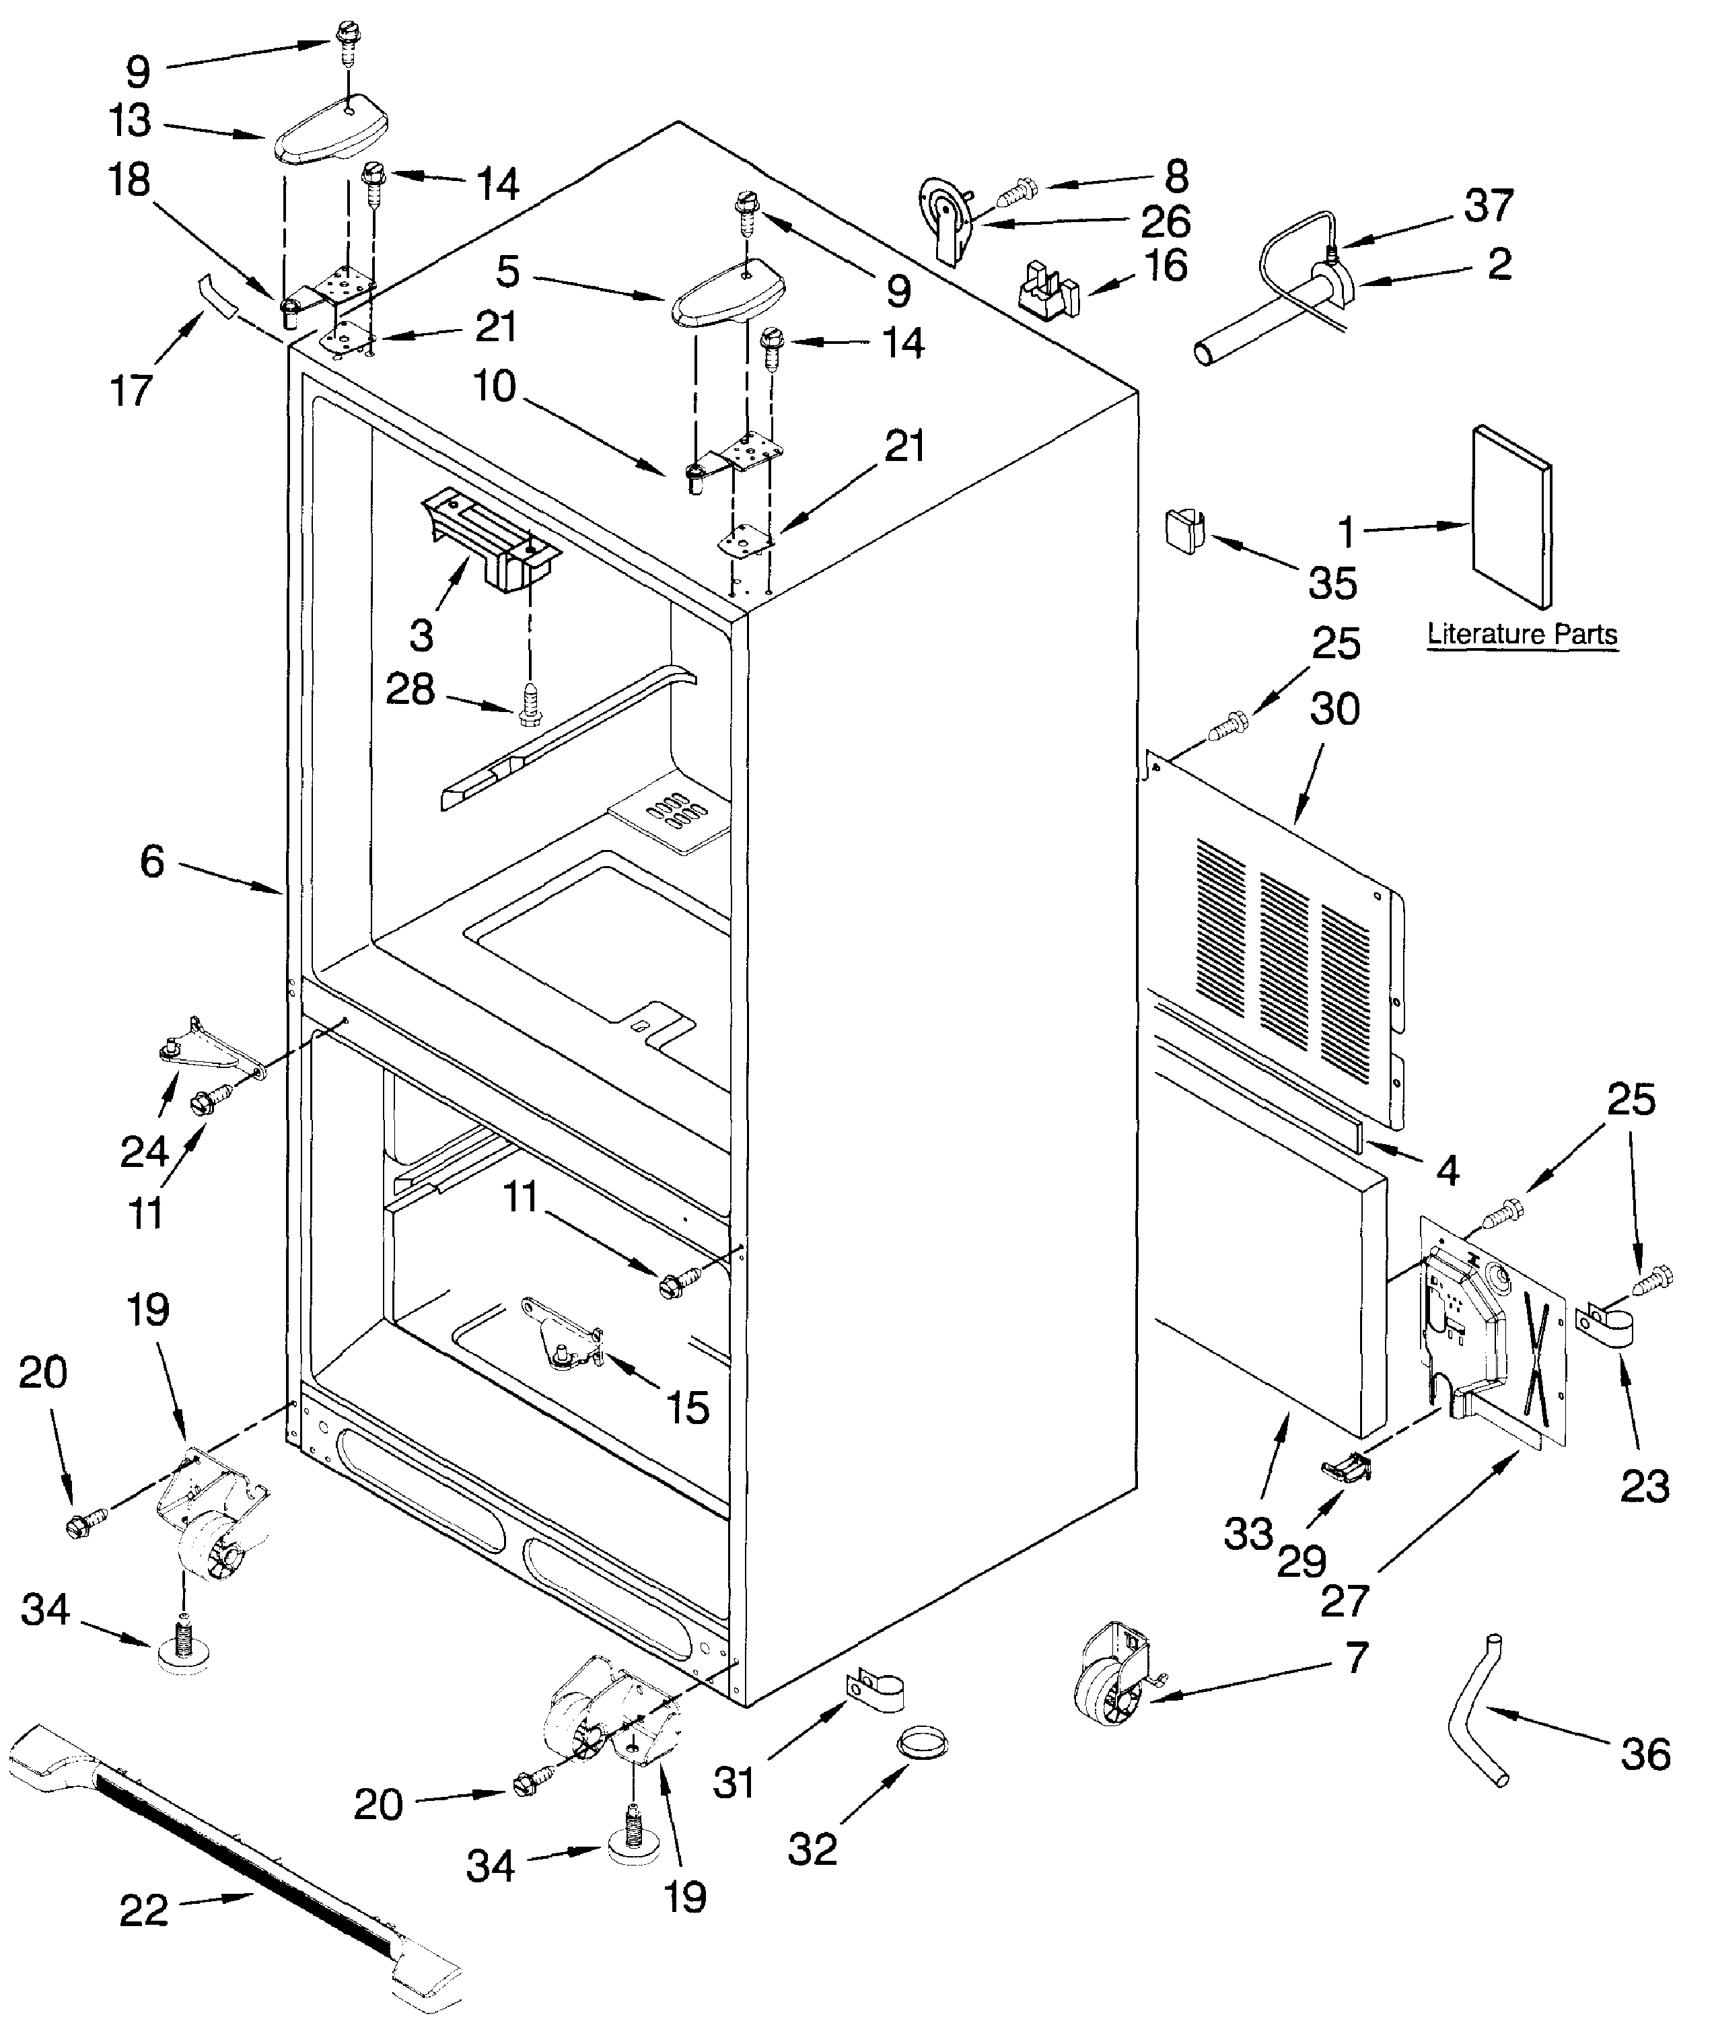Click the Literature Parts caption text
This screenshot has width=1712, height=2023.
(1521, 635)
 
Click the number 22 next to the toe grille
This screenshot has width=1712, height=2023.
(143, 1911)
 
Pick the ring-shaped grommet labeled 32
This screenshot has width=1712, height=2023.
(921, 1744)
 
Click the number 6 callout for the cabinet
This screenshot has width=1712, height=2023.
(152, 862)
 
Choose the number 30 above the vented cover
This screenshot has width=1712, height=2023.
(1334, 709)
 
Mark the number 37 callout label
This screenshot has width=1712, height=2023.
(1489, 206)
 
